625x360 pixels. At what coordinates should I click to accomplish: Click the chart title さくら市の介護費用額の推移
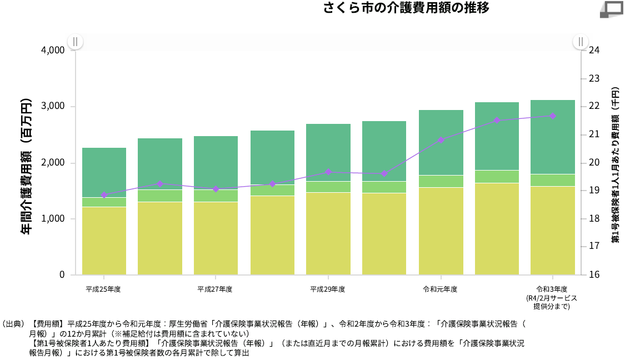pyautogui.click(x=406, y=8)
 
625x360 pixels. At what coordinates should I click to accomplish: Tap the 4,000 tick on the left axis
pyautogui.click(x=53, y=50)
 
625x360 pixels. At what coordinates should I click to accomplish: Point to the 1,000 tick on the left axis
pyautogui.click(x=53, y=219)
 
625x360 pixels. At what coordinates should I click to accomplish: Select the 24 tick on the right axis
pyautogui.click(x=594, y=50)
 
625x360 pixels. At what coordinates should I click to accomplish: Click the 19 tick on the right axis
pyautogui.click(x=594, y=191)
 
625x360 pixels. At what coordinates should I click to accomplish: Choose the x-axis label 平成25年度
pyautogui.click(x=103, y=289)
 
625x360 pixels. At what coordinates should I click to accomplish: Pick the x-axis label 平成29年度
pyautogui.click(x=328, y=289)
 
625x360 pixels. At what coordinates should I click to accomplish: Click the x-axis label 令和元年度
pyautogui.click(x=440, y=289)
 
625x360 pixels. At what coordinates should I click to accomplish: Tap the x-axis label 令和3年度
pyautogui.click(x=552, y=289)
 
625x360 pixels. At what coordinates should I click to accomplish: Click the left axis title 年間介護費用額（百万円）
pyautogui.click(x=26, y=167)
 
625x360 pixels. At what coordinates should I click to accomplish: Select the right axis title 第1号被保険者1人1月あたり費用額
pyautogui.click(x=616, y=164)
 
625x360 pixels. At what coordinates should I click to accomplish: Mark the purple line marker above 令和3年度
pyautogui.click(x=553, y=116)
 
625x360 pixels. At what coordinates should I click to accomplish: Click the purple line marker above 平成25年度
pyautogui.click(x=104, y=195)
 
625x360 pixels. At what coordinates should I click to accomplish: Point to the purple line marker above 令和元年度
pyautogui.click(x=441, y=140)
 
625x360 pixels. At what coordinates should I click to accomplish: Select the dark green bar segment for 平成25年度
pyautogui.click(x=104, y=172)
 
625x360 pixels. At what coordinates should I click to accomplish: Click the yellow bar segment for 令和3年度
pyautogui.click(x=553, y=231)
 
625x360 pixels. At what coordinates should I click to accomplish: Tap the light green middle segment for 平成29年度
pyautogui.click(x=328, y=187)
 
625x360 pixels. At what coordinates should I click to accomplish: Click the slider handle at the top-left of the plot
pyautogui.click(x=75, y=42)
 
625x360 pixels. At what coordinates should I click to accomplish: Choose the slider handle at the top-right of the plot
pyautogui.click(x=581, y=42)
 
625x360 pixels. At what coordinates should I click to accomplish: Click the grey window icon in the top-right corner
pyautogui.click(x=613, y=8)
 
